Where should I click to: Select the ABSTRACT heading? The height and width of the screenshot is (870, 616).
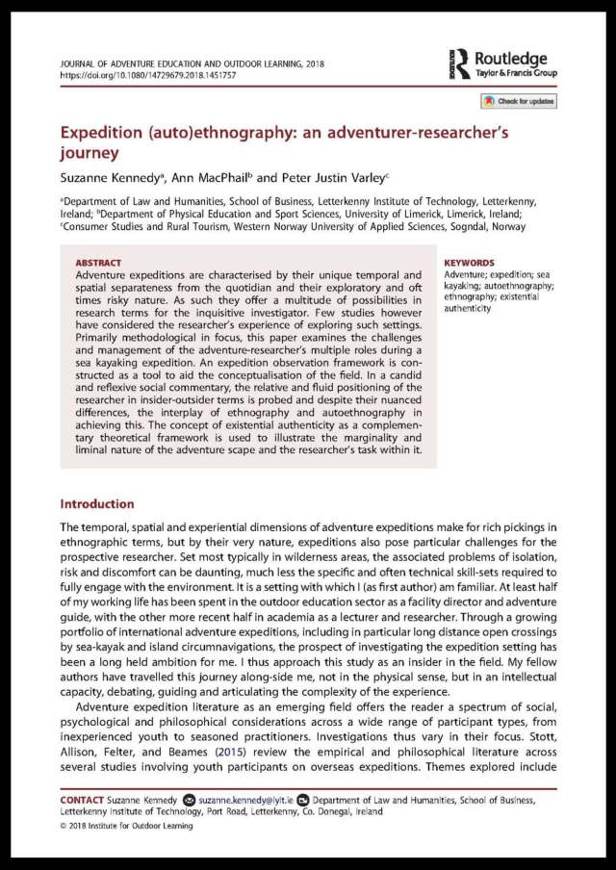pos(100,261)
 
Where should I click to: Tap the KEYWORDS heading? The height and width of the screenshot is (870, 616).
pos(471,261)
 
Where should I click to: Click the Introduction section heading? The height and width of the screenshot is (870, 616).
pos(97,503)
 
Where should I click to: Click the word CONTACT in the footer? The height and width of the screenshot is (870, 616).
pos(88,800)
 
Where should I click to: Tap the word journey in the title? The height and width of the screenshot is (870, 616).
pos(90,153)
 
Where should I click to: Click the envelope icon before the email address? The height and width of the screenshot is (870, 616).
pos(189,800)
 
